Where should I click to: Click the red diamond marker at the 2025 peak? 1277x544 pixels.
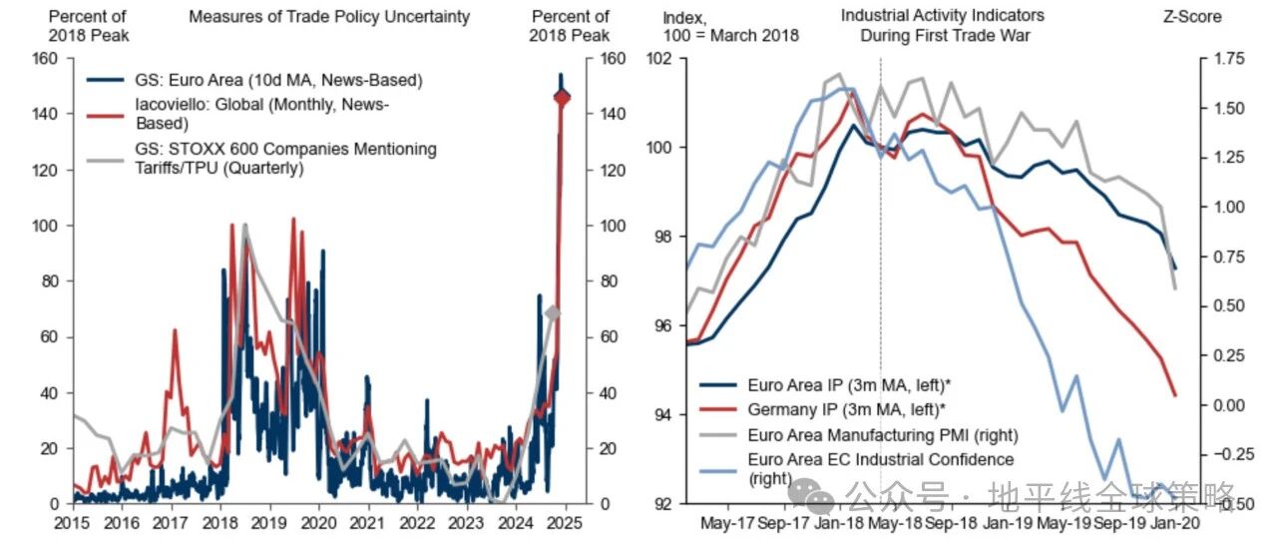pos(562,98)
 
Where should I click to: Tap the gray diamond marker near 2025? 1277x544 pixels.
pos(553,313)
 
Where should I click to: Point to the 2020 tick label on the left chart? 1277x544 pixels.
pos(318,523)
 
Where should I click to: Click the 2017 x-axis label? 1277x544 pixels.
pos(171,523)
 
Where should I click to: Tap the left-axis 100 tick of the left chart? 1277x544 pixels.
pos(45,226)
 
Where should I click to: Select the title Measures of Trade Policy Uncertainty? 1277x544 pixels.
pos(329,17)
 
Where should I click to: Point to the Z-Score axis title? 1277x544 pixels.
pos(1192,17)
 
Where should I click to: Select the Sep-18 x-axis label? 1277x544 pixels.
pos(950,523)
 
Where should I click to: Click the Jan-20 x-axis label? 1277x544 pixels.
pos(1175,523)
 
